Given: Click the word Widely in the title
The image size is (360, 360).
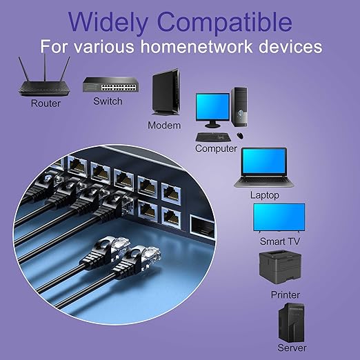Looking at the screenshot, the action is point(108,23).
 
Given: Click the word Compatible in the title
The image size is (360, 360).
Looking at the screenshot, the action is point(225,23).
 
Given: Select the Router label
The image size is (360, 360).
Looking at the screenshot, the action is point(46,103).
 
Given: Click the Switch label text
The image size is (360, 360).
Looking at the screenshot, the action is point(108,101).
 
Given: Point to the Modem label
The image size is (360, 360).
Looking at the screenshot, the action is point(164,126).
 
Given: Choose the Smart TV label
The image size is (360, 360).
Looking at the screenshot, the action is point(280,241).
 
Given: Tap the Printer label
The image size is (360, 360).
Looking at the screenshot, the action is point(286,294).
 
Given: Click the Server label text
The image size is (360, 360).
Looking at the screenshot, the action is point(292,348).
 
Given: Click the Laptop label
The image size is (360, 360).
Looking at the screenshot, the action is point(265,195).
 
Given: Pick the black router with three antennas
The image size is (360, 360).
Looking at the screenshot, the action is point(44,77).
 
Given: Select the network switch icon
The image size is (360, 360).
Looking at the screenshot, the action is point(110,85).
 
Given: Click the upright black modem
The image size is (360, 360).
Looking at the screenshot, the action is point(166,92).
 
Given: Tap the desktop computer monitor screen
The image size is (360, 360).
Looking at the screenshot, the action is point(212,107).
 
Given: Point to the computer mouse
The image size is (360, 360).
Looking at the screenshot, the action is point(240,135).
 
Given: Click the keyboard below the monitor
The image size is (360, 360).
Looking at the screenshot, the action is point(213,137).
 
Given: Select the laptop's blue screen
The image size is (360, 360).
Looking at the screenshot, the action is point(264,161).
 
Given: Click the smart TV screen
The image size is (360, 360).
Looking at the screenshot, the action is point(279,217).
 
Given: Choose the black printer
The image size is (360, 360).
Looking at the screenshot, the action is point(280,267).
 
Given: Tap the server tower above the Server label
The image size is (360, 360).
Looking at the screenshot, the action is point(291,323).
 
